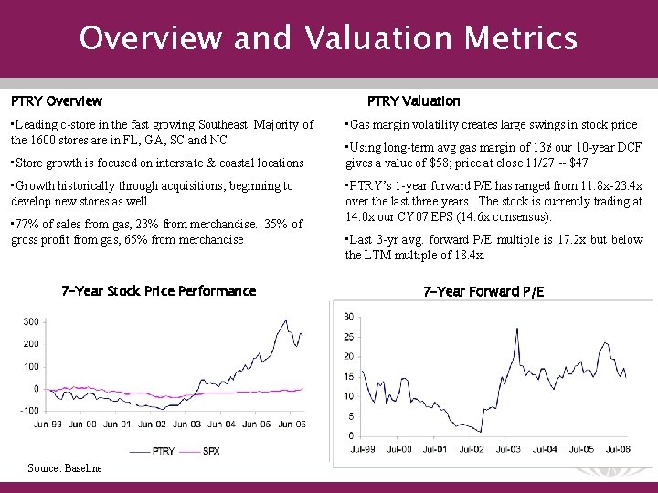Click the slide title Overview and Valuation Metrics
(x=328, y=38)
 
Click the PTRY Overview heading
(x=57, y=100)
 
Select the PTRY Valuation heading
(x=413, y=100)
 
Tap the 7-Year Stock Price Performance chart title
(x=158, y=291)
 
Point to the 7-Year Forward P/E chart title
(x=483, y=291)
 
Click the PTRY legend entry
(x=164, y=451)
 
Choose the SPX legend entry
(x=210, y=451)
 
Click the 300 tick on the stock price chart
(x=31, y=321)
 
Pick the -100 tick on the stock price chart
(x=28, y=411)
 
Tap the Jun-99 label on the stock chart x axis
(x=48, y=425)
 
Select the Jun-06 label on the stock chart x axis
(x=291, y=425)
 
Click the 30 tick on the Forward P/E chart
(x=348, y=316)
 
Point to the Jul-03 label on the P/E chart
(x=508, y=449)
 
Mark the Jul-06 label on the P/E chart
(x=618, y=449)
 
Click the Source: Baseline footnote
(x=64, y=468)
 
